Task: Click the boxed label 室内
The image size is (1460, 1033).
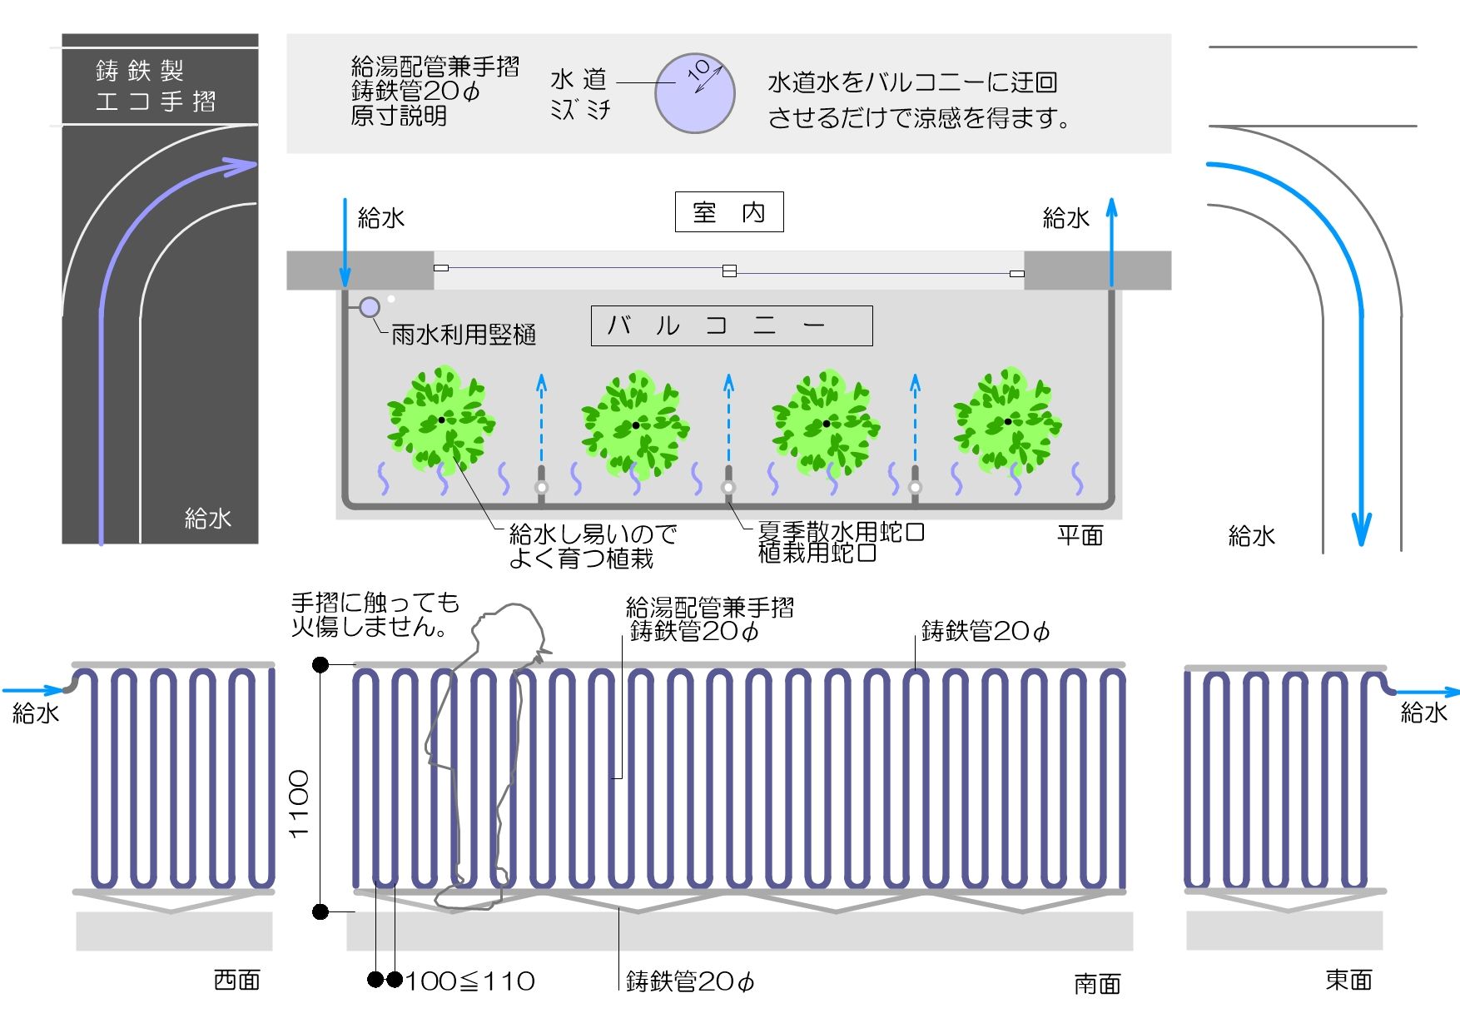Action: (728, 212)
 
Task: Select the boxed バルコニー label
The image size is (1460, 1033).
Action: (731, 325)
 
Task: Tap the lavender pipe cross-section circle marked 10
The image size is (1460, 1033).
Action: (694, 93)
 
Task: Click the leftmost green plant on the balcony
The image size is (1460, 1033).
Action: (441, 420)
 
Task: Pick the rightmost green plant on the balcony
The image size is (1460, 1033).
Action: (1007, 421)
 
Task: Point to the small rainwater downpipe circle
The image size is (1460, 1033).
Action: (369, 307)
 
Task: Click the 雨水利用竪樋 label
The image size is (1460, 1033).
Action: (463, 335)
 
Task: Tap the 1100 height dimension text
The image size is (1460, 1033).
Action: (298, 803)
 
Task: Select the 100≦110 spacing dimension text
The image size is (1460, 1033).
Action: (470, 981)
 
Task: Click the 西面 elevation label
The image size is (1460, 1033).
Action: (237, 980)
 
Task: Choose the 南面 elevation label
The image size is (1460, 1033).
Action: (1097, 984)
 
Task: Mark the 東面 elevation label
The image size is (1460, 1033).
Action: (1348, 980)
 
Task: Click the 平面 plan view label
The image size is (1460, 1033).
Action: (1080, 535)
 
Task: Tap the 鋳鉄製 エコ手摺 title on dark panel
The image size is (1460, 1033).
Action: (156, 86)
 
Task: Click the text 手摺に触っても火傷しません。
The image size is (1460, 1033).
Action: (375, 614)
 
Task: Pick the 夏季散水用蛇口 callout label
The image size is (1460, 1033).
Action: (841, 531)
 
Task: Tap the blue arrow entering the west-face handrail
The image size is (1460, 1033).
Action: (33, 690)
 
